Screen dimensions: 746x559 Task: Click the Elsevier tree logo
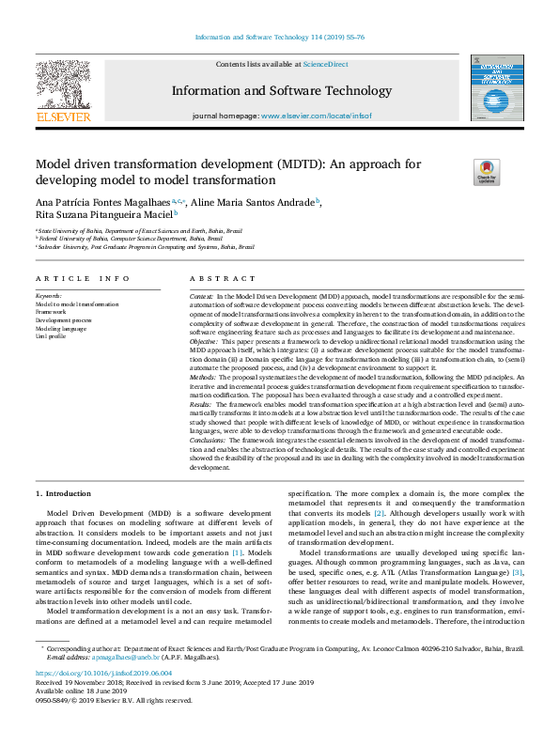(63, 87)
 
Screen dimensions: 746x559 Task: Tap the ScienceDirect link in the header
(324, 64)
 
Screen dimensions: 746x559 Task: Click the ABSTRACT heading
(217, 279)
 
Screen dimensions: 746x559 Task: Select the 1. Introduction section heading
(65, 492)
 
